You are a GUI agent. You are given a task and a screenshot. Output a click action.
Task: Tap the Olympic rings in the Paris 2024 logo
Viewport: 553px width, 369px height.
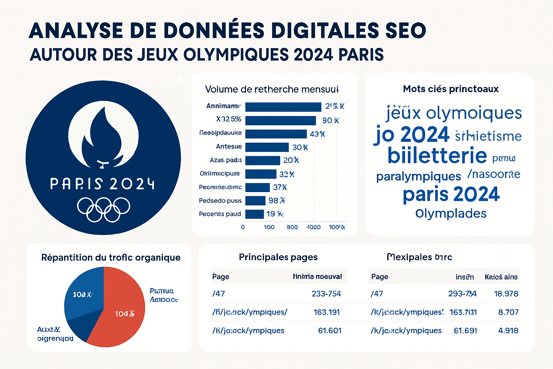point(103,209)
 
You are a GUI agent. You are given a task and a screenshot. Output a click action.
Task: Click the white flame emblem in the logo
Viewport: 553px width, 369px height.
point(103,135)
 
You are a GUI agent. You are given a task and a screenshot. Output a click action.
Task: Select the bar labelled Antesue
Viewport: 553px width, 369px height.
point(267,147)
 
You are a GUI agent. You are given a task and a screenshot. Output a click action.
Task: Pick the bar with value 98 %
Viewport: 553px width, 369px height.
point(255,201)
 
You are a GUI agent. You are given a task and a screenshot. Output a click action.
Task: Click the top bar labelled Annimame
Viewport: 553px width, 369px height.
point(283,107)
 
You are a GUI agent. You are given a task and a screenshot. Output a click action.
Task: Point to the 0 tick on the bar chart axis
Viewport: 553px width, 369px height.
point(243,227)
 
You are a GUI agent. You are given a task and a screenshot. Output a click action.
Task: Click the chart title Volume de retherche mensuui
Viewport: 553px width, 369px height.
point(272,89)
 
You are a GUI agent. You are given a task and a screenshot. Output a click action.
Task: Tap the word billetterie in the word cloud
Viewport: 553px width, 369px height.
point(437,156)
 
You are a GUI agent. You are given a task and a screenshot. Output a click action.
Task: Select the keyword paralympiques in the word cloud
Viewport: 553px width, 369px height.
point(418,176)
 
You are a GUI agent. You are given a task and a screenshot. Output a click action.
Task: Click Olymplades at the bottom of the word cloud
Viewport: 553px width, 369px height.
point(451,213)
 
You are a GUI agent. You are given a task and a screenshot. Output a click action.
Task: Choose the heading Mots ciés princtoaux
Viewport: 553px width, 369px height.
point(451,89)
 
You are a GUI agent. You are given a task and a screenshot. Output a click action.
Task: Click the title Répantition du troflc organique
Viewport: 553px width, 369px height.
point(111,257)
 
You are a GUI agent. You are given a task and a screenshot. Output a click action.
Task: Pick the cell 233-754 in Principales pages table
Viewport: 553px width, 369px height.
point(326,294)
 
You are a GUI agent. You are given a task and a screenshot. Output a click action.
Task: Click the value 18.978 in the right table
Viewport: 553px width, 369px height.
point(506,294)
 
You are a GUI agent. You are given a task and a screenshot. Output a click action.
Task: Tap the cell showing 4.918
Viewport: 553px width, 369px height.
point(508,330)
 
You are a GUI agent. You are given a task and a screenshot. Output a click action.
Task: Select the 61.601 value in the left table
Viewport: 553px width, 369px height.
point(329,330)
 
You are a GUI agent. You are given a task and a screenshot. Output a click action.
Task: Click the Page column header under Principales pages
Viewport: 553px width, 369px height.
point(221,276)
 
